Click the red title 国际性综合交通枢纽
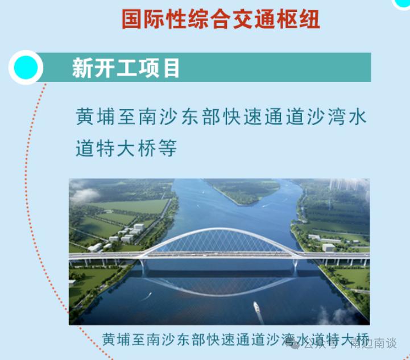(x=221, y=19)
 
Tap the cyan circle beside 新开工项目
(x=26, y=68)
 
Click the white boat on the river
(x=257, y=308)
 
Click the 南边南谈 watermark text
(x=373, y=344)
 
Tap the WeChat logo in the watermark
(x=295, y=343)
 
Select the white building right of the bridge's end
(x=328, y=247)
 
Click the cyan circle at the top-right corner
(x=403, y=3)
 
